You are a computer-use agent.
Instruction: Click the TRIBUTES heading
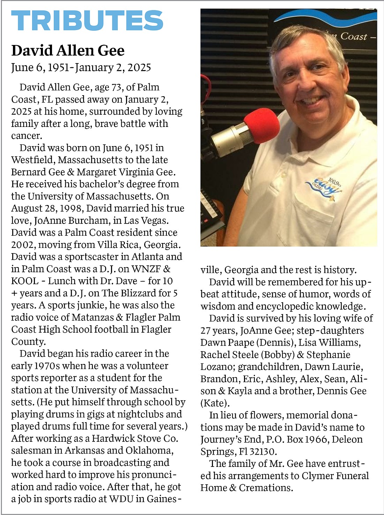87,20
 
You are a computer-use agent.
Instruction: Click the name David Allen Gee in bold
68,51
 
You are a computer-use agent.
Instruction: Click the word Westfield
33,160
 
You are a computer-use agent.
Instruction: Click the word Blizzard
128,293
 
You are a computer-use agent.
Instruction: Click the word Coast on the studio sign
353,37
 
